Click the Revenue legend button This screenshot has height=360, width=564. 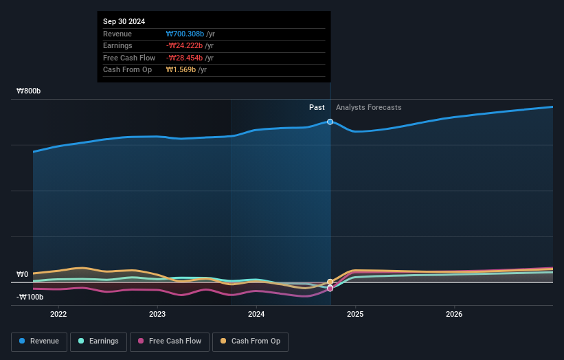click(x=39, y=341)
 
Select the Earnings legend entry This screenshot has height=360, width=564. click(x=98, y=341)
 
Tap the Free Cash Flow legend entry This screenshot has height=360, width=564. click(x=170, y=341)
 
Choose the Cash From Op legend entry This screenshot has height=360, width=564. click(x=250, y=341)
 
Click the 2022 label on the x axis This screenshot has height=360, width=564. click(x=58, y=315)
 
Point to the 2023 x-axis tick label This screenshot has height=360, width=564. click(x=157, y=315)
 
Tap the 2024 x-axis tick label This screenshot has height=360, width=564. click(x=256, y=315)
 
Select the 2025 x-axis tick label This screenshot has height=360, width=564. click(x=355, y=315)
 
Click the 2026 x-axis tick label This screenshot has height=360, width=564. click(x=454, y=315)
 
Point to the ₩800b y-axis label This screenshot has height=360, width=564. click(x=29, y=91)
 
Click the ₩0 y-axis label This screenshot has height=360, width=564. click(x=23, y=275)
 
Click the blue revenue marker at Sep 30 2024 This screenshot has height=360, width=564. click(x=330, y=122)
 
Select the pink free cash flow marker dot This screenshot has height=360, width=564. click(x=330, y=289)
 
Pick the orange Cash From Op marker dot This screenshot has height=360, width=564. click(x=330, y=282)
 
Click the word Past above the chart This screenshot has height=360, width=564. click(x=317, y=107)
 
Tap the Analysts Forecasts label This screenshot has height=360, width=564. click(x=368, y=107)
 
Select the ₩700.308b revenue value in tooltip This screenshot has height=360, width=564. click(x=185, y=34)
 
